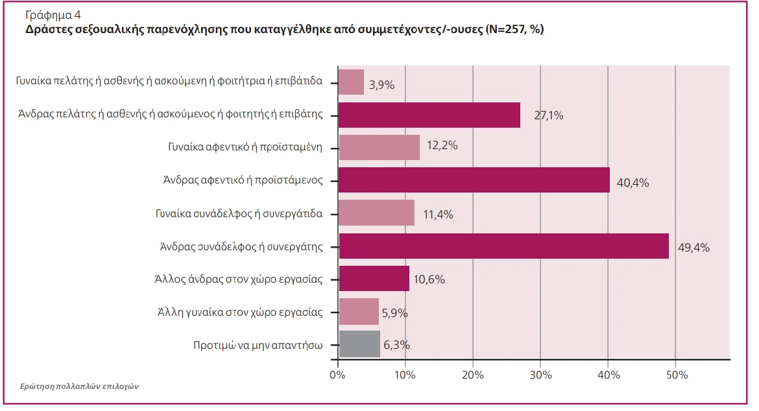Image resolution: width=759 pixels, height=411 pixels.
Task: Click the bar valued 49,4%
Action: pos(503,246)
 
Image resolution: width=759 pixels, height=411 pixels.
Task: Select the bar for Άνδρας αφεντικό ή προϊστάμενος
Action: pos(474,180)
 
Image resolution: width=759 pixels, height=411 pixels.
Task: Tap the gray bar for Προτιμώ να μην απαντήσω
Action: pos(359,344)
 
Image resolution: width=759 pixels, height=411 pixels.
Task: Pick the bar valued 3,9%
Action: pos(352,82)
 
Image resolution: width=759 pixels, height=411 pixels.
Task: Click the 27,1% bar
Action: pos(429,115)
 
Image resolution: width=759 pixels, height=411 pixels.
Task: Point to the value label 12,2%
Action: pos(442,146)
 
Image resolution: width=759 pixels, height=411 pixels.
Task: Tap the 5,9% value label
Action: pos(395,313)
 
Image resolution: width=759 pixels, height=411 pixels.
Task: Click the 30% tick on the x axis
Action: pos(540,375)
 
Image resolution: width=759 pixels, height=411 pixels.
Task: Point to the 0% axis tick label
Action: pos(337,375)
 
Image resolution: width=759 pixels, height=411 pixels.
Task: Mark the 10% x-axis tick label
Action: pos(405,375)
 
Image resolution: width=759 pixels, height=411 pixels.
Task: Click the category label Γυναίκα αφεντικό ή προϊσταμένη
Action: pos(245,147)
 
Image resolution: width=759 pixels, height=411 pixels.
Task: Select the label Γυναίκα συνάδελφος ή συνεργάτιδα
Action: pos(239,213)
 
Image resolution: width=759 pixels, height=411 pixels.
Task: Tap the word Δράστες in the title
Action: pos(47,30)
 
